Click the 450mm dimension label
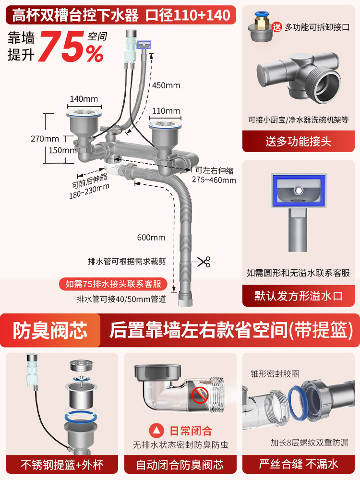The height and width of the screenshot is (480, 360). click(166, 85)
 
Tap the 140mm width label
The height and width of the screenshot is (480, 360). click(84, 99)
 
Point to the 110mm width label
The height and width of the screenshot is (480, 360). click(166, 111)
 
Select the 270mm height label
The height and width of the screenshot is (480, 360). click(45, 139)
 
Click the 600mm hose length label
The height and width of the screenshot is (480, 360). click(151, 237)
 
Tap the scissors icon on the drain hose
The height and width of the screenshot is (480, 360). click(204, 262)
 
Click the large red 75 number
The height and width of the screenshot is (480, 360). click(61, 47)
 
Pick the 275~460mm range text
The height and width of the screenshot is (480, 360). click(214, 180)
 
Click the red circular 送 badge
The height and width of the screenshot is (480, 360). click(277, 27)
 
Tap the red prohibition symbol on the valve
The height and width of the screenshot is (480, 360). click(200, 395)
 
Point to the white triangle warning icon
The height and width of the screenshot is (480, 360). click(156, 431)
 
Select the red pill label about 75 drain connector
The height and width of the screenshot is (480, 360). click(113, 284)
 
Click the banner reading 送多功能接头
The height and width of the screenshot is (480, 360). click(299, 142)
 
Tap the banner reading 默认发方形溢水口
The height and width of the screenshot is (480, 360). click(299, 296)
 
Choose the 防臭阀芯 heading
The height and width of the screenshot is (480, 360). click(50, 330)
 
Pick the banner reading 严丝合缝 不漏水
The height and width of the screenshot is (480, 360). click(299, 464)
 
